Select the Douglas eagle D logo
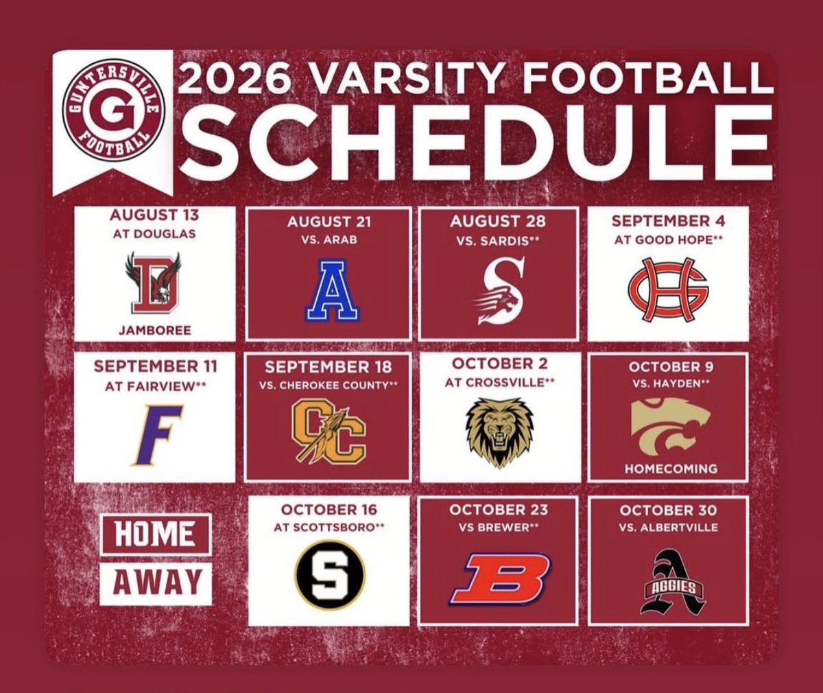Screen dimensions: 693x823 (x=154, y=282)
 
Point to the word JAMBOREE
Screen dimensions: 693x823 (x=154, y=330)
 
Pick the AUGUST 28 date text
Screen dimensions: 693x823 (x=498, y=222)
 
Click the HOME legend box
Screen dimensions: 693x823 (x=155, y=535)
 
